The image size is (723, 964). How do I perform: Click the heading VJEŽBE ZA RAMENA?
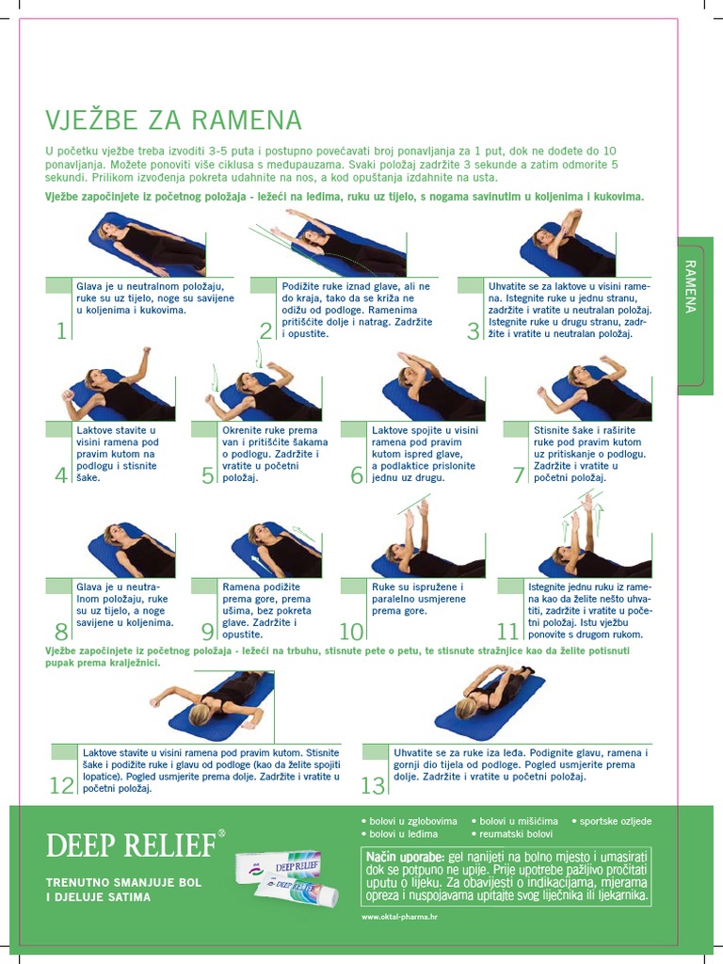pyautogui.click(x=173, y=120)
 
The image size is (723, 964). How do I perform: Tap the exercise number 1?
pyautogui.click(x=61, y=330)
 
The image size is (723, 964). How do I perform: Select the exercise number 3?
pyautogui.click(x=474, y=330)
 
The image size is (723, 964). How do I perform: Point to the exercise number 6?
pyautogui.click(x=357, y=475)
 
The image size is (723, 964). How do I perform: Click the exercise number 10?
pyautogui.click(x=351, y=632)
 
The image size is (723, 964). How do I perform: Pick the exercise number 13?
pyautogui.click(x=374, y=785)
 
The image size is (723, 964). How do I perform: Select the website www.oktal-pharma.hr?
pyautogui.click(x=400, y=916)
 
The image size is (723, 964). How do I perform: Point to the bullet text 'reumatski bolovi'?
pyautogui.click(x=516, y=834)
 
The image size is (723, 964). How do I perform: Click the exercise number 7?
pyautogui.click(x=519, y=475)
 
